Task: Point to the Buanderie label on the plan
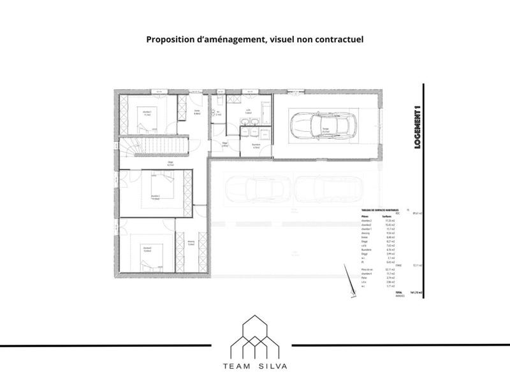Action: [257, 145]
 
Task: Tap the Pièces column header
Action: [365, 216]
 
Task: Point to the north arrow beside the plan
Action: [352, 293]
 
